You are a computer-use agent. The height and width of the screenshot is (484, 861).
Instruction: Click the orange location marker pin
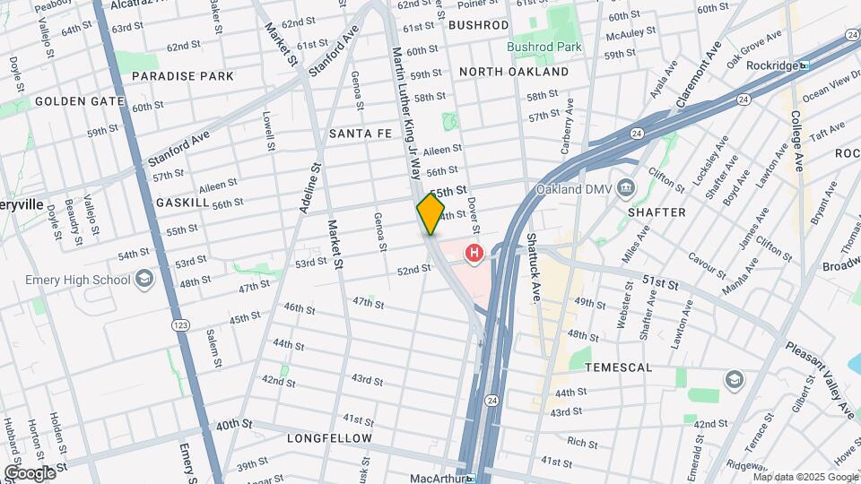point(430,213)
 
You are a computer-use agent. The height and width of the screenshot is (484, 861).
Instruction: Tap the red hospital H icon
point(474,255)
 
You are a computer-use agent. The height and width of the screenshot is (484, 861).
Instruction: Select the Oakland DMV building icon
point(627,189)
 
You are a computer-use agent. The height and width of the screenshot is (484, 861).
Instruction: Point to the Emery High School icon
point(143,280)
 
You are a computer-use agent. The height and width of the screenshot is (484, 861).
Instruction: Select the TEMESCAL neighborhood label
point(618,367)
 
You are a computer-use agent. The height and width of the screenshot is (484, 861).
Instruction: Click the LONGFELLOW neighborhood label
point(329,438)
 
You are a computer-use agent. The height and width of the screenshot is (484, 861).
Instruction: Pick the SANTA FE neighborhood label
point(361,134)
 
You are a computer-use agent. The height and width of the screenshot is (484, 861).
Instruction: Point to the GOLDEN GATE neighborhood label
point(79,101)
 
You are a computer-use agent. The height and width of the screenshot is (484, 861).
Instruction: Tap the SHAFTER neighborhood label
point(657,212)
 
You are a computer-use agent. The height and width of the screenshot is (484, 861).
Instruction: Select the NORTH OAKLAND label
point(514,72)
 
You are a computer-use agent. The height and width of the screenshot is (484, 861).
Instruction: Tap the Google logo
point(29,472)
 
